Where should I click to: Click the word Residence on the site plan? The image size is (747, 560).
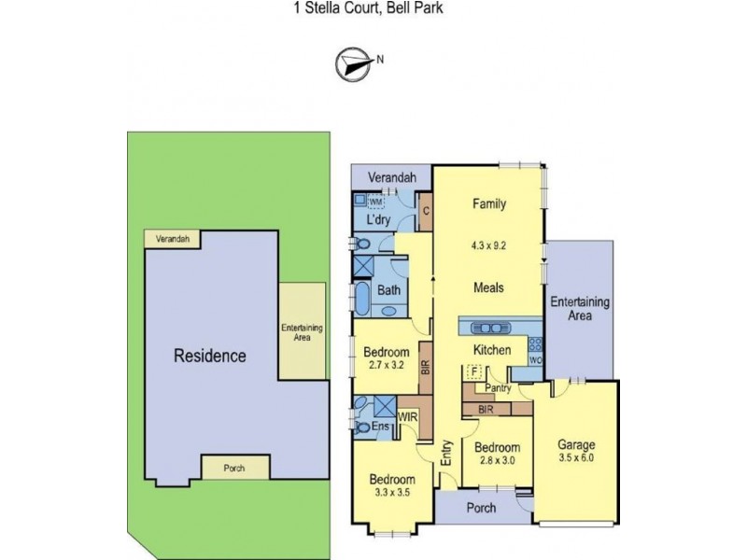pyautogui.click(x=210, y=356)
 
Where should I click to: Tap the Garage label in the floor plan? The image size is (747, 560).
pyautogui.click(x=576, y=444)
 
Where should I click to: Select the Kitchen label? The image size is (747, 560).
pyautogui.click(x=491, y=350)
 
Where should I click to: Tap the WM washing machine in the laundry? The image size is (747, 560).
pyautogui.click(x=375, y=202)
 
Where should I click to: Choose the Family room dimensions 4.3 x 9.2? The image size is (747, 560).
pyautogui.click(x=488, y=246)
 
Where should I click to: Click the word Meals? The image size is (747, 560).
pyautogui.click(x=488, y=287)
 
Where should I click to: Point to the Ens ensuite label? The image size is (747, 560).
pyautogui.click(x=381, y=427)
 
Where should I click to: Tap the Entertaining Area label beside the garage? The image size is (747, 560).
pyautogui.click(x=580, y=309)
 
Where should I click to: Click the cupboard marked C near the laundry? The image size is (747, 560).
pyautogui.click(x=425, y=210)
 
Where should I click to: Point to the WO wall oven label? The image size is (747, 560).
pyautogui.click(x=535, y=358)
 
